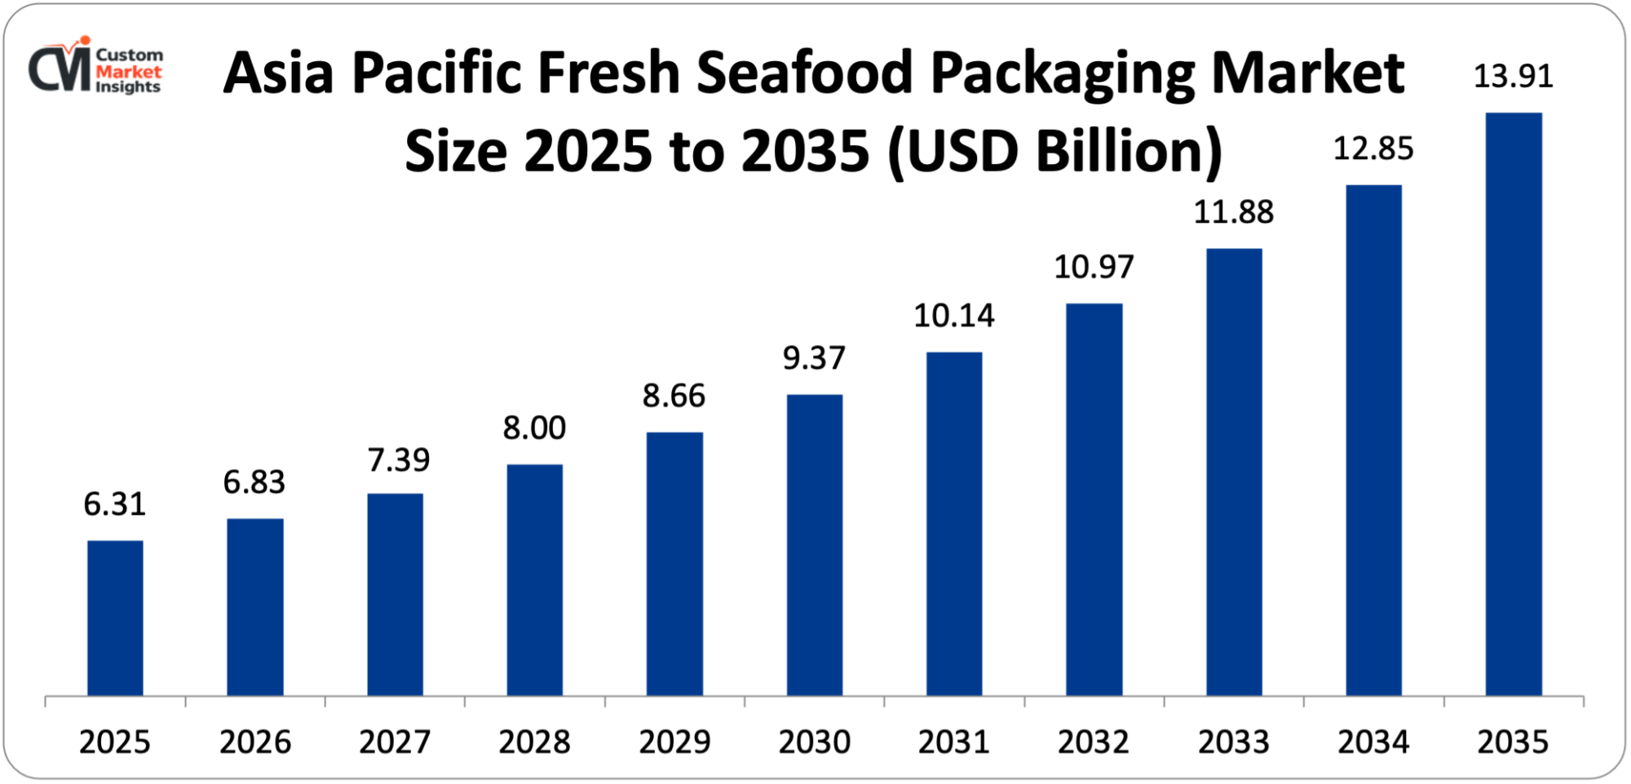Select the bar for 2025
[x=115, y=618]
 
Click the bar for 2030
[x=815, y=545]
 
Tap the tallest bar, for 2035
[x=1514, y=404]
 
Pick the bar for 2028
[x=535, y=579]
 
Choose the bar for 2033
[x=1234, y=472]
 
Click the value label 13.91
[x=1513, y=77]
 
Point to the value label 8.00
[x=534, y=428]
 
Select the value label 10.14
[x=953, y=317]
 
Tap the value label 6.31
[x=114, y=505]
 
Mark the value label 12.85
[x=1373, y=149]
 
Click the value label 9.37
[x=814, y=359]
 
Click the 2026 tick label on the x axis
[x=254, y=742]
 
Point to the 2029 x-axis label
[x=674, y=742]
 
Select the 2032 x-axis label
[x=1094, y=742]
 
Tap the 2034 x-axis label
[x=1373, y=742]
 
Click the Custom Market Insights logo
[x=96, y=68]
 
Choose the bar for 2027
[x=395, y=594]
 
